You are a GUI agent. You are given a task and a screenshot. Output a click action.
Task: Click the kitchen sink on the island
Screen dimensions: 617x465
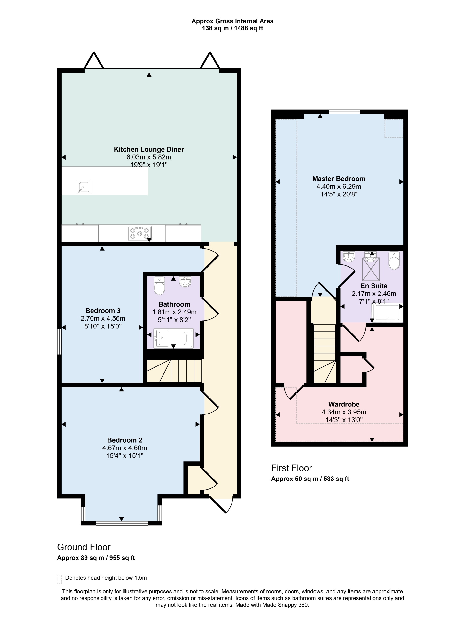(x=83, y=187)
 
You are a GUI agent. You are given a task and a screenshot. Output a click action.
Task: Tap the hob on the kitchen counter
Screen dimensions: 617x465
(x=139, y=233)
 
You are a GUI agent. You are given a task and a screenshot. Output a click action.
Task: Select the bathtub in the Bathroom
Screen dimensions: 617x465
(x=173, y=338)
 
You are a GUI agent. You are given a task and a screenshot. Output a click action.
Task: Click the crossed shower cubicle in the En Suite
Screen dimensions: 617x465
(x=371, y=269)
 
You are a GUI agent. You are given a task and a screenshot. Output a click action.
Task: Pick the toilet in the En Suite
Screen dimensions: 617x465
(x=394, y=261)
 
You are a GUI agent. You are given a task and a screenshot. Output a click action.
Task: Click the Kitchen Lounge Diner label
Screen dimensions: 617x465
(x=149, y=149)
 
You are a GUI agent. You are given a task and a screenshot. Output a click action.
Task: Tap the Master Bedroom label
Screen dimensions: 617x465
(x=339, y=179)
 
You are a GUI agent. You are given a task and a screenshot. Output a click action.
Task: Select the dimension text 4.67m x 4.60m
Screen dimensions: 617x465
(x=124, y=448)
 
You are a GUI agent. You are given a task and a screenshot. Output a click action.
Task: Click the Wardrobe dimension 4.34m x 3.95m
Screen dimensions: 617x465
(x=344, y=412)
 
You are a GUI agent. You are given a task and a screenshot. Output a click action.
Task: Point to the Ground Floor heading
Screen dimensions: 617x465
(x=84, y=547)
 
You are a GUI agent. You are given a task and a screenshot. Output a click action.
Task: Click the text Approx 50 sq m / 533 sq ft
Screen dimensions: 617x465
(x=310, y=479)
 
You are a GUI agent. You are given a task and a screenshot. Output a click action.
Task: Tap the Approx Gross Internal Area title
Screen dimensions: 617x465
(x=232, y=21)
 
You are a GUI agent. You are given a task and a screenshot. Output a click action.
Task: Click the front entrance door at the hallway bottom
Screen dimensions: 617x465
(x=222, y=505)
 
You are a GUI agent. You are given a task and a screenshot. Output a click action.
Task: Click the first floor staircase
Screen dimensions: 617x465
(x=325, y=353)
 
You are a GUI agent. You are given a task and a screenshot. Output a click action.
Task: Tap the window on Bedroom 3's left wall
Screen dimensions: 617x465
(x=59, y=342)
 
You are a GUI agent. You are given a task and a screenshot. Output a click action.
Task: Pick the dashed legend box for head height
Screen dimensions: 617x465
(x=59, y=579)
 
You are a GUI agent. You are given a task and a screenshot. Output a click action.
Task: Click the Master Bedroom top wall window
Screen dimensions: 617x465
(x=344, y=112)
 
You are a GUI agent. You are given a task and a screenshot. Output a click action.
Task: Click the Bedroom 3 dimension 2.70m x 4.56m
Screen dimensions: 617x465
(x=103, y=318)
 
